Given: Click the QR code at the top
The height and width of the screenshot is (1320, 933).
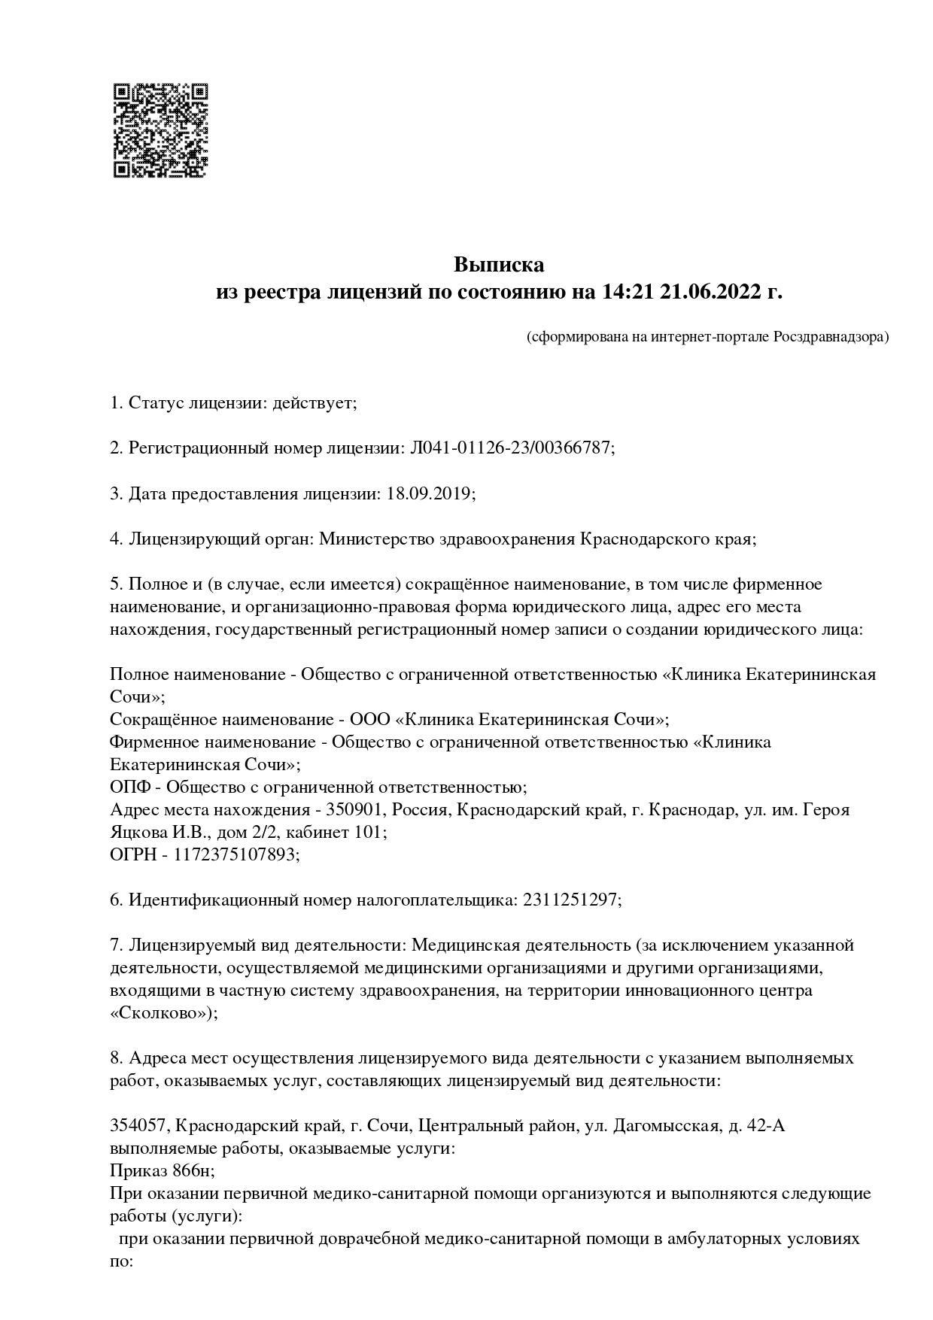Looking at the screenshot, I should pos(160,131).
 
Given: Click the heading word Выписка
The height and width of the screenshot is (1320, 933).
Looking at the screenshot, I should pos(499,265).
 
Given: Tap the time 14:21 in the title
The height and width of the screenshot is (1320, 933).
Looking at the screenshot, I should pos(628,292).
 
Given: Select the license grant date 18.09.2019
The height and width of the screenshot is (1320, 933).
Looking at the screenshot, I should pos(428,493).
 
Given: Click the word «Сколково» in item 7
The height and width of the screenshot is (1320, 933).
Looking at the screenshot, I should pos(161,1013).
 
